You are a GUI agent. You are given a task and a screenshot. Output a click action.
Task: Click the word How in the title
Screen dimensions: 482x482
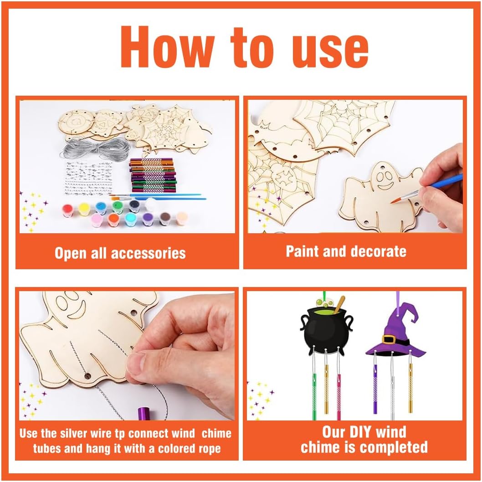167,47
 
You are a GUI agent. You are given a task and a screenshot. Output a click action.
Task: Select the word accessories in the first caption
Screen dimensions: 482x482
148,253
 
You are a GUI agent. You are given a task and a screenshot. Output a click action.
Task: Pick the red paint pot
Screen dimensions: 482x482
67,210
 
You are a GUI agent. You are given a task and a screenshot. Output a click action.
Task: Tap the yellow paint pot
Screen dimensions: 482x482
84,209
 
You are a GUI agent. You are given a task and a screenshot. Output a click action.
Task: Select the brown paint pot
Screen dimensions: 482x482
165,218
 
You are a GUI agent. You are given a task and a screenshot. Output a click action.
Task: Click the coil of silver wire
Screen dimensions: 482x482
95,148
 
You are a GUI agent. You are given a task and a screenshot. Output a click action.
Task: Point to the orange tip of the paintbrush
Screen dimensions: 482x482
395,200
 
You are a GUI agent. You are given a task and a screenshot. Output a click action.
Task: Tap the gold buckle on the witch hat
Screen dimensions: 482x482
390,339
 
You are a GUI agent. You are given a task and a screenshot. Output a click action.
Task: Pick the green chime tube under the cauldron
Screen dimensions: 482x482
314,396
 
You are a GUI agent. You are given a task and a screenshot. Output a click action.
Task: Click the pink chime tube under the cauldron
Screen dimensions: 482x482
339,397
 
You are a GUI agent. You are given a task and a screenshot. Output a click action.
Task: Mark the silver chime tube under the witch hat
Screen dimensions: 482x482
392,400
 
